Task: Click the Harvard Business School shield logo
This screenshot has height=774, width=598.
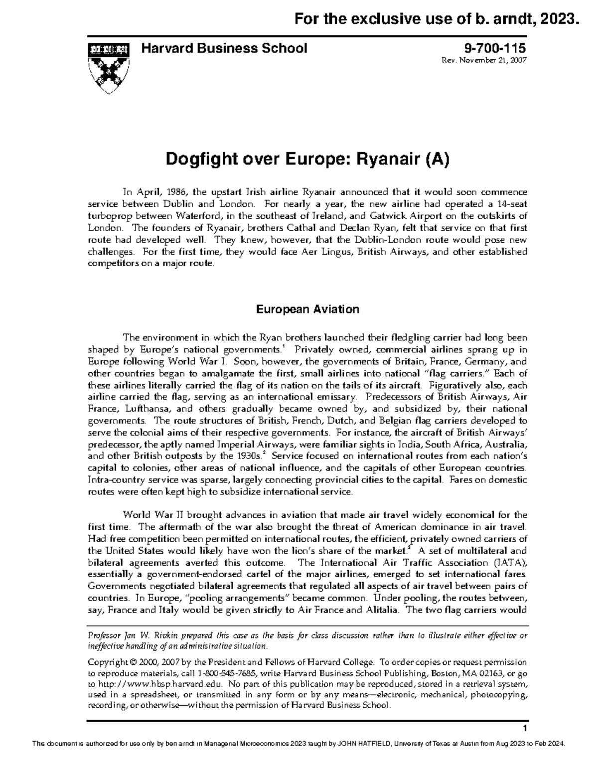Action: tap(109, 68)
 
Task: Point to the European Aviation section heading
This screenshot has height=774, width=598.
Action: tap(307, 309)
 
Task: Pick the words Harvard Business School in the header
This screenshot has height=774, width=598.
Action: tap(225, 48)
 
